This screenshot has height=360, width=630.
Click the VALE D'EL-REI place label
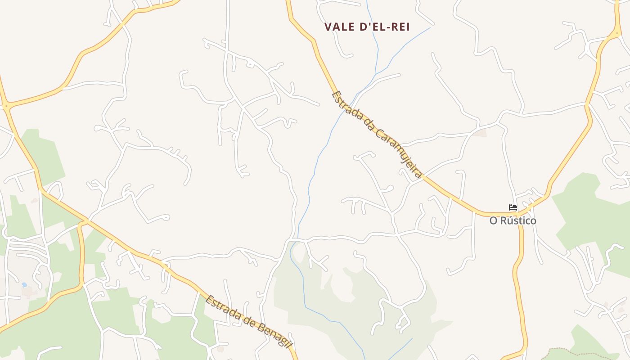[367, 27]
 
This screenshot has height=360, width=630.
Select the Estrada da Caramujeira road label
[377, 134]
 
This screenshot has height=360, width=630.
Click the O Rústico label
[513, 221]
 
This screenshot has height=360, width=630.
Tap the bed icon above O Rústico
[513, 207]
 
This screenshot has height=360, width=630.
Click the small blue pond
[24, 285]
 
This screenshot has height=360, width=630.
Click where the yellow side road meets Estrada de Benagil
[85, 221]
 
